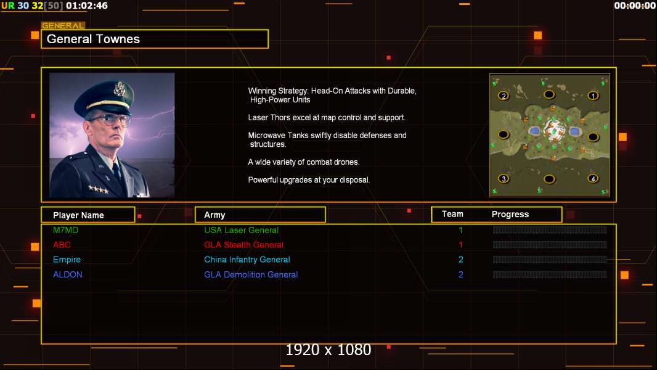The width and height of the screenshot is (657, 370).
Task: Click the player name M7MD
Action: point(65,230)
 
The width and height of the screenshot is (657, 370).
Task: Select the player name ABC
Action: point(62,245)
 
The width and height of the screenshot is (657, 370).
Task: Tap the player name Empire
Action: point(67,260)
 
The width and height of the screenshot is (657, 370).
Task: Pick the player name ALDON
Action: point(67,274)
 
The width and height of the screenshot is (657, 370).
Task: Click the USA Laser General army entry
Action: point(242,230)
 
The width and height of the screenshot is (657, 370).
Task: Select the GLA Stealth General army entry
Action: point(243,245)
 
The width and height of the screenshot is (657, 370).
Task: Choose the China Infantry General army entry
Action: point(247,260)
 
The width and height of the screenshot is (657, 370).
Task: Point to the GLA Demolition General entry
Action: point(251,274)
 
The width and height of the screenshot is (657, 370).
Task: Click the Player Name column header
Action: point(78,215)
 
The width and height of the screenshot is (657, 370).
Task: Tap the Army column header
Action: point(214,215)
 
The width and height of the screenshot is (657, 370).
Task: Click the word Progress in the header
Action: point(510,215)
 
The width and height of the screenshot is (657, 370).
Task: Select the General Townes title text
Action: point(93,39)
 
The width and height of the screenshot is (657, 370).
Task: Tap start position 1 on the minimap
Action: point(593,96)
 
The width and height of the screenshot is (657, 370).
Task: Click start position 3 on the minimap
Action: point(504,178)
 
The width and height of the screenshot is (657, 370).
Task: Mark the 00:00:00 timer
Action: point(635,6)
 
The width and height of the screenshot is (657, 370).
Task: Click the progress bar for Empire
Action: point(550,260)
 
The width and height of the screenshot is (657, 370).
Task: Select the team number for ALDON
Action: point(461,274)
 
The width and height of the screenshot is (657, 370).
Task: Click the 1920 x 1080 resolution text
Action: point(328,350)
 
